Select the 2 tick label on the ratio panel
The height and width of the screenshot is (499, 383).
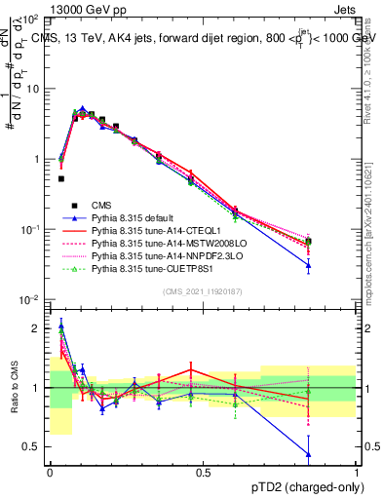click(37, 328)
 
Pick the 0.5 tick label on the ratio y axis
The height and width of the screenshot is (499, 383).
click(32, 446)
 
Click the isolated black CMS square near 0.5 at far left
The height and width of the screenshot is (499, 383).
click(61, 178)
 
